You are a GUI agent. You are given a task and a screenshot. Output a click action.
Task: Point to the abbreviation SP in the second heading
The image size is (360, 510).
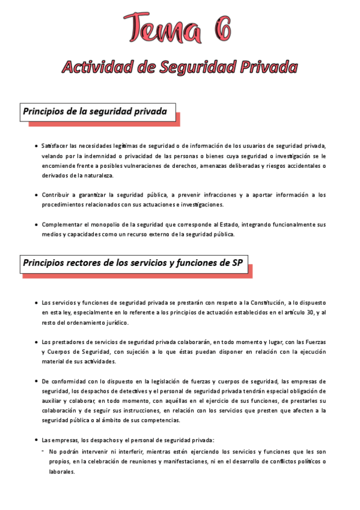[x=236, y=262]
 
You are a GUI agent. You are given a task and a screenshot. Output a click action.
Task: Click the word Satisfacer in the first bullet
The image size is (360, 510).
[x=55, y=146]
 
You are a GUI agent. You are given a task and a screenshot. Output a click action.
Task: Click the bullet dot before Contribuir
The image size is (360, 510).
[x=36, y=195]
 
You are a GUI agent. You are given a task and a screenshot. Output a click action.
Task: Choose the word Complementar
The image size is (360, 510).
[x=60, y=224]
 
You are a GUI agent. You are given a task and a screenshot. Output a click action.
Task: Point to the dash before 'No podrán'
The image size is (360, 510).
[x=43, y=450]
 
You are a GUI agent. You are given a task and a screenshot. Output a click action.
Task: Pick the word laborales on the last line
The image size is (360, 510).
[x=62, y=472]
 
